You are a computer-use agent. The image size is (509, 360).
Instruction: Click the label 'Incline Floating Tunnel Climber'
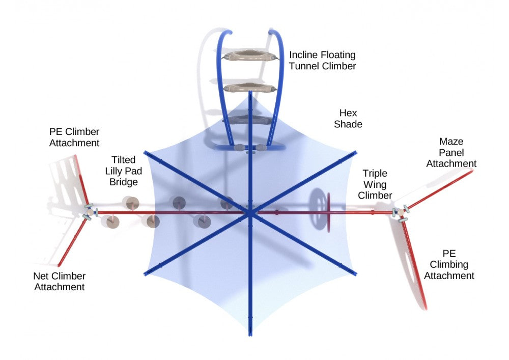tap(322, 61)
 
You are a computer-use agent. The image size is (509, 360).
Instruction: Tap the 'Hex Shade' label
tap(348, 119)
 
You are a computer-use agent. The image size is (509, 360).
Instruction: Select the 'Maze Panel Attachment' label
tap(451, 153)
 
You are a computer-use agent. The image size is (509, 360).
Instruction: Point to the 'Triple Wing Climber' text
tap(375, 184)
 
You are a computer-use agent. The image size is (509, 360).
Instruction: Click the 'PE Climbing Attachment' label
tap(449, 265)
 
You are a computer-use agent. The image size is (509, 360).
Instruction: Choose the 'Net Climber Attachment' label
tap(60, 282)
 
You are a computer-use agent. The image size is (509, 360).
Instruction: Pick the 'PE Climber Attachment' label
tap(74, 137)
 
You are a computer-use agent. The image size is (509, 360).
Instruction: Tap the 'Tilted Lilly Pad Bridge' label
tap(123, 171)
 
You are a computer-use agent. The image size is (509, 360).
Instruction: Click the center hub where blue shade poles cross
tap(250, 213)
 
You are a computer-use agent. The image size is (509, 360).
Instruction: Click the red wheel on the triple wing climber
tap(328, 213)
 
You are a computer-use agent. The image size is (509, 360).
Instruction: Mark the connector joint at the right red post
tap(401, 212)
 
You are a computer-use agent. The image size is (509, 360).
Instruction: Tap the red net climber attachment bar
tap(72, 242)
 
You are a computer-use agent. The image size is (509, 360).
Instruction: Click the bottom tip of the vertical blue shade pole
tap(250, 335)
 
